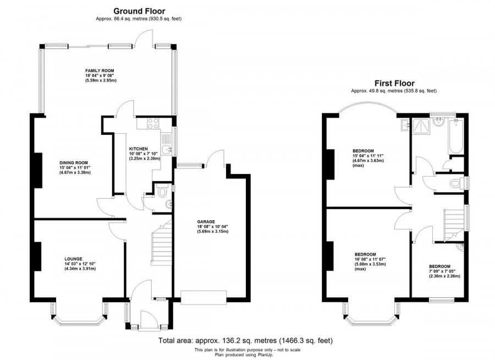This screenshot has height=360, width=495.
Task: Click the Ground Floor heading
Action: pos(139,10)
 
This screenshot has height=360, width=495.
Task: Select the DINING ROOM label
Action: pos(74,163)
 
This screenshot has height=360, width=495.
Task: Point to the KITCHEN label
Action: pos(138,149)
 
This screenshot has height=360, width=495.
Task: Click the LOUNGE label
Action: pos(73,259)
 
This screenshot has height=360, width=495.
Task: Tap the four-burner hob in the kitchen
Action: pos(151,123)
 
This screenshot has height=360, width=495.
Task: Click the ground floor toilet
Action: pos(162,192)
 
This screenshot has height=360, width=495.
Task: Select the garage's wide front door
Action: pos(204,297)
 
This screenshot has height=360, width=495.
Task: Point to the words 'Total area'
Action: pos(174,341)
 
